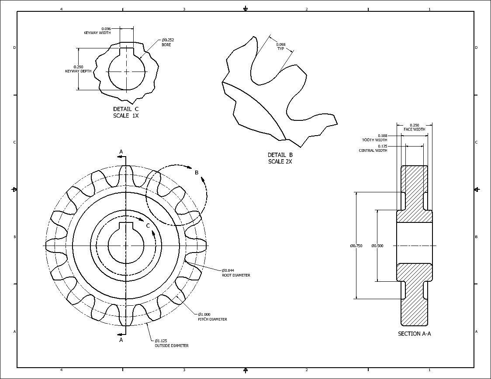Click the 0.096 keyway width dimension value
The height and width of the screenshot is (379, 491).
pos(106,29)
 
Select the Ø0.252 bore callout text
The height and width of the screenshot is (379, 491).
pos(168,40)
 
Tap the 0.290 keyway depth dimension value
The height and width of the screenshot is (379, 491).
pos(78,67)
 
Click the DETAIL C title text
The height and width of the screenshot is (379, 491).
pos(126,109)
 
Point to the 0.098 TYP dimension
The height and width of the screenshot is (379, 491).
pos(281,44)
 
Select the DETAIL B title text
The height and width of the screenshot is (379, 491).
pos(280,155)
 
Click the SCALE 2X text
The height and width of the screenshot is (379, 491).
pos(280,161)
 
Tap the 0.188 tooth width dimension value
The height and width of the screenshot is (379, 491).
pos(382,136)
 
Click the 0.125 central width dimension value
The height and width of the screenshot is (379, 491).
pos(382,146)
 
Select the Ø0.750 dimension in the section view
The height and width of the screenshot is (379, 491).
pos(356,246)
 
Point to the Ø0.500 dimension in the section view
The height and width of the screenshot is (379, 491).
pos(377,246)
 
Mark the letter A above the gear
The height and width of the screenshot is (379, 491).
pos(121,152)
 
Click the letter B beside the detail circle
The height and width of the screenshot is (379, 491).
pos(197,173)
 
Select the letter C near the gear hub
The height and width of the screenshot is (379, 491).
pos(148,225)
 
